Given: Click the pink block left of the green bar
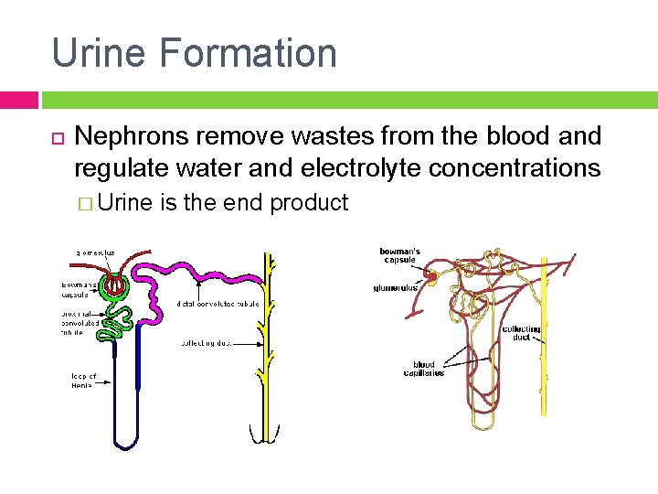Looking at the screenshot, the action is (18, 100).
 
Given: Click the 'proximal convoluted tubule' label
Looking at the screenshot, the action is (72, 323).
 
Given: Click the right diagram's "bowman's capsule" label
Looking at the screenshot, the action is (399, 254).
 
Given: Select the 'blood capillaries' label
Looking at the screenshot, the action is (424, 369).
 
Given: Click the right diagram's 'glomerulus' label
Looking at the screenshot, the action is (396, 287).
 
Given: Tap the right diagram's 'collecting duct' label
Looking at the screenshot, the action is (522, 333).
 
